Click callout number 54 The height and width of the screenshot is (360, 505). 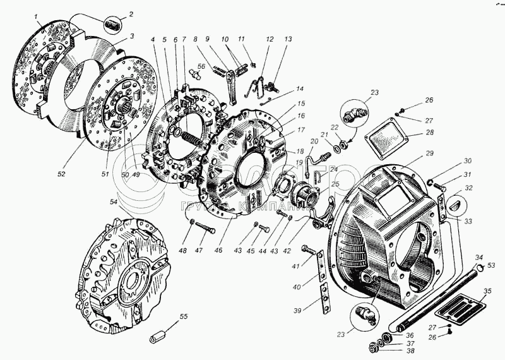coord(114,202)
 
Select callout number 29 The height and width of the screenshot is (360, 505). coord(429,153)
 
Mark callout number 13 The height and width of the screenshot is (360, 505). coord(288,39)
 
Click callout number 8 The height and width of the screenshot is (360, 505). coord(196,39)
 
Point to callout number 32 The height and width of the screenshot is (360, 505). coord(469,188)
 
